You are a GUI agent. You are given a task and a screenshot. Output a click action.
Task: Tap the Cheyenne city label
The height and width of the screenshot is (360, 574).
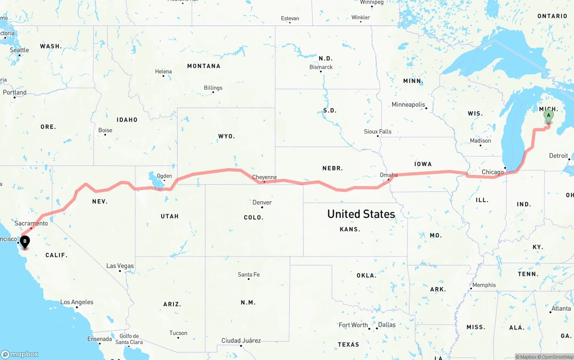coord(264,177)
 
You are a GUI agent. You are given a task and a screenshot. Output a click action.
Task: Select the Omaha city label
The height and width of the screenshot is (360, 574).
coord(388,175)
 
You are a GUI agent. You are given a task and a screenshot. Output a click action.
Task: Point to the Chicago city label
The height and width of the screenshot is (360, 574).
coord(492,172)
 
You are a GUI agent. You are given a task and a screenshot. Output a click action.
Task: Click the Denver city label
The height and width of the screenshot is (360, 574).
coord(262,203)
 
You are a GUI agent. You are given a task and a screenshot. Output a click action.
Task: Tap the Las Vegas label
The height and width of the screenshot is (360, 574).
coord(120,266)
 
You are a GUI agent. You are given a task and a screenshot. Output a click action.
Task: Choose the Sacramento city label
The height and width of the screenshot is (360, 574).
coord(31,223)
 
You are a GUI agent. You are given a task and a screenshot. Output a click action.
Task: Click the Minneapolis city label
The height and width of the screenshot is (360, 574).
coord(408,104)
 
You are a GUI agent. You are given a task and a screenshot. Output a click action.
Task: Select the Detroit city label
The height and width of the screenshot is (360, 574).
coord(558,156)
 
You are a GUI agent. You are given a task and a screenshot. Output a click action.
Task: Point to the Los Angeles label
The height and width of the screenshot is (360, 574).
coord(77,302)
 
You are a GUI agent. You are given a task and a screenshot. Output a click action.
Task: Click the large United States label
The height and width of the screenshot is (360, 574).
coord(361,214)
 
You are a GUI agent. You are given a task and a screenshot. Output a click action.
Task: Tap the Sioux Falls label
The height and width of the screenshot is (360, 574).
coord(378,131)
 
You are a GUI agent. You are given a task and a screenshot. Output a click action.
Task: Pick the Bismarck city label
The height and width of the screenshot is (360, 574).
coord(321,67)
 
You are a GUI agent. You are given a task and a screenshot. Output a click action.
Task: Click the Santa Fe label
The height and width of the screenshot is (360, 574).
coord(248,274)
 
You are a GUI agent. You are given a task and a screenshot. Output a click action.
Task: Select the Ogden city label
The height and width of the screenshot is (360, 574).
coord(164,176)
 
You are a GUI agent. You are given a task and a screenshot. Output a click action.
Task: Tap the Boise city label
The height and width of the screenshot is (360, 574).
coord(105,130)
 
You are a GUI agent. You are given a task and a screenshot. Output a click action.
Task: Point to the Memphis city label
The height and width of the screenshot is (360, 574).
coord(484,285)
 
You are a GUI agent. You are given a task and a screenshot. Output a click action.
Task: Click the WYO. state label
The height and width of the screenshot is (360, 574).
coord(226,136)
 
